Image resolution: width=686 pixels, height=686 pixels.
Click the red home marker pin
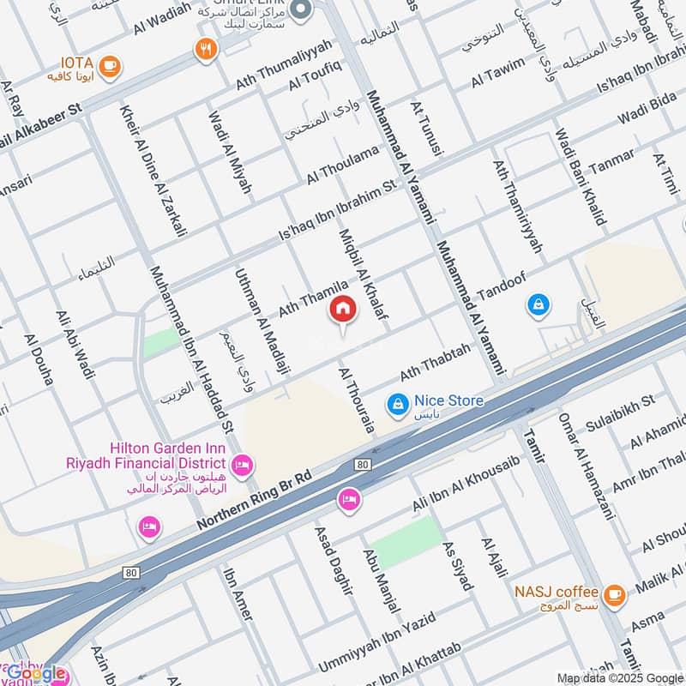tap(343, 310)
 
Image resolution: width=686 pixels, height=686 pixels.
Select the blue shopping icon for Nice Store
tap(397, 402)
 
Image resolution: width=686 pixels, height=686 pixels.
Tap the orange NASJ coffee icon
tap(614, 593)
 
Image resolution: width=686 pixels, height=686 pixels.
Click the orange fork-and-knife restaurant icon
tap(205, 48)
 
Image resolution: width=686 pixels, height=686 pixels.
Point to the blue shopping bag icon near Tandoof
tap(539, 304)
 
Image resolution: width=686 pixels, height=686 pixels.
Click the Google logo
tap(36, 672)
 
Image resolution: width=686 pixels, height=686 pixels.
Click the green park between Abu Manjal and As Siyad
tap(407, 542)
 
